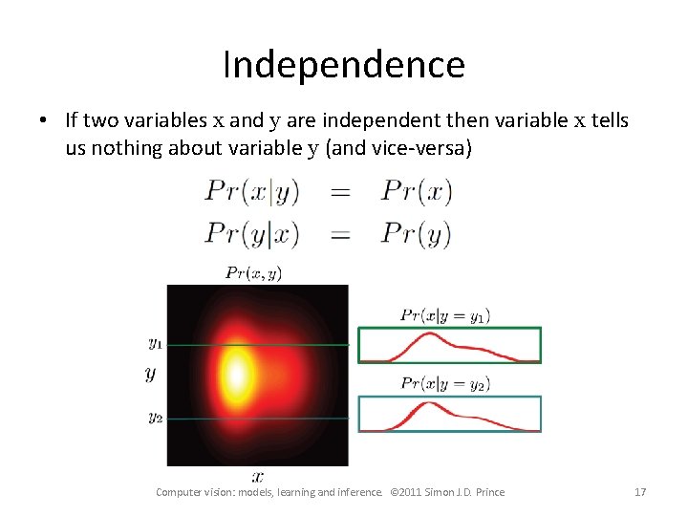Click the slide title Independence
click(x=343, y=65)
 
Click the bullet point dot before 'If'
click(x=44, y=121)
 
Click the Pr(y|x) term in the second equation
click(x=252, y=232)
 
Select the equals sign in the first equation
click(x=340, y=192)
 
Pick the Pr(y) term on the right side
click(x=416, y=232)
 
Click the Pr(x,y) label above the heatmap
click(x=253, y=273)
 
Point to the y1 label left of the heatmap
click(x=155, y=342)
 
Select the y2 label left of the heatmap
click(x=155, y=417)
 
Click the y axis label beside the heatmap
click(x=150, y=374)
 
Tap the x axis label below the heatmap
click(x=257, y=475)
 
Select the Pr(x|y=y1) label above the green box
click(x=445, y=314)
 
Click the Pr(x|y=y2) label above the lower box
click(x=445, y=384)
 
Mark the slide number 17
click(x=640, y=492)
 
